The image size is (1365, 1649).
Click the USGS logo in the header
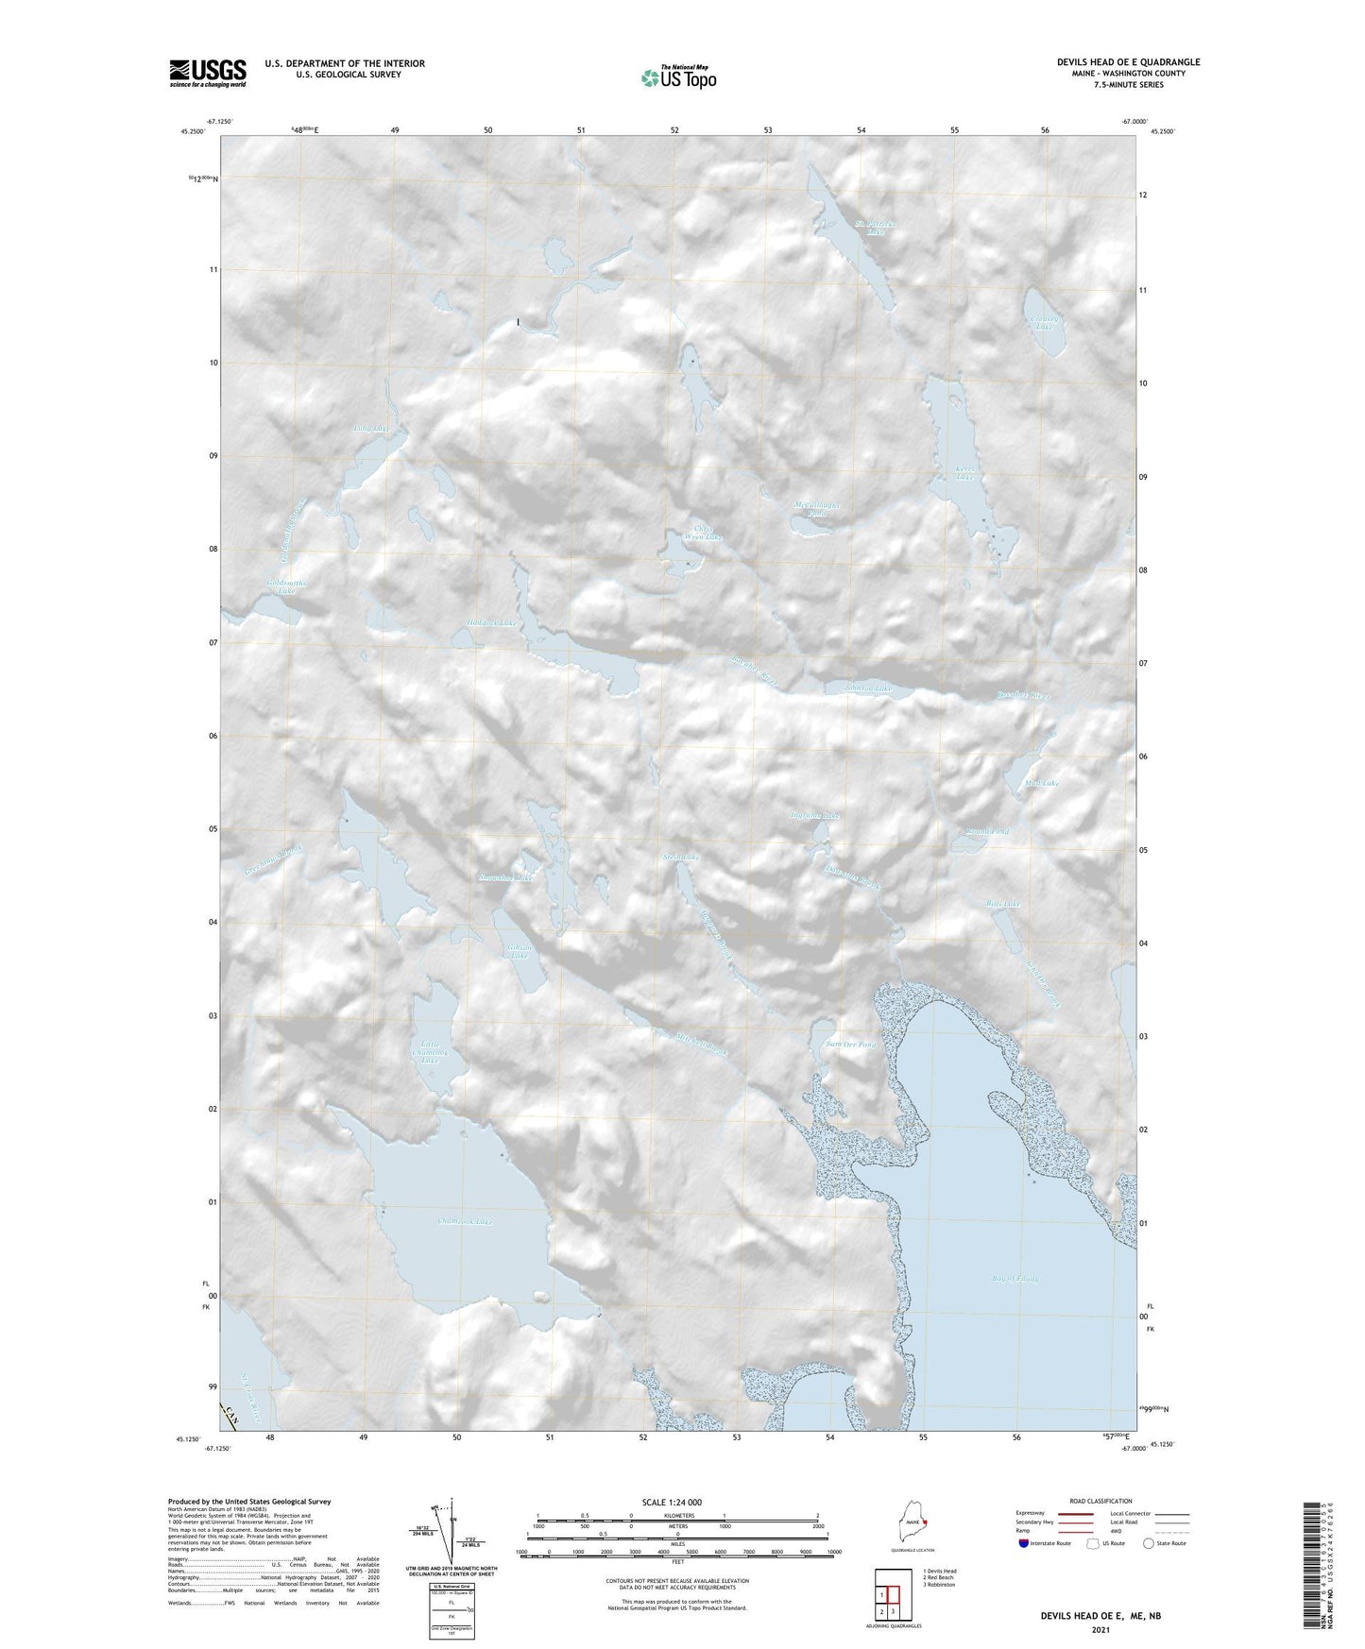pyautogui.click(x=207, y=73)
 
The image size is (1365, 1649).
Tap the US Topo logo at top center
pyautogui.click(x=677, y=76)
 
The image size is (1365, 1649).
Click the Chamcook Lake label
pyautogui.click(x=464, y=1221)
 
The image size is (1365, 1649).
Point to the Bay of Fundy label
pyautogui.click(x=1015, y=1279)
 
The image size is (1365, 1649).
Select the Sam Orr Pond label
pyautogui.click(x=851, y=1045)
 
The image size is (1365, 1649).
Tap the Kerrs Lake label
pyautogui.click(x=964, y=473)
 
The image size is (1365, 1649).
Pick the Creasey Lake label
pyautogui.click(x=1044, y=322)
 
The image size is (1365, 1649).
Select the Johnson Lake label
pyautogui.click(x=867, y=688)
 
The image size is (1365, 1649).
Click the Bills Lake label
pyautogui.click(x=1003, y=904)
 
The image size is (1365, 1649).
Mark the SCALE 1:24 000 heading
pyautogui.click(x=671, y=1502)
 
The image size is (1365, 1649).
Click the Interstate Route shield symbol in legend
pyautogui.click(x=1024, y=1543)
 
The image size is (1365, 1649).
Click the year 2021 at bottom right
pyautogui.click(x=1100, y=1629)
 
